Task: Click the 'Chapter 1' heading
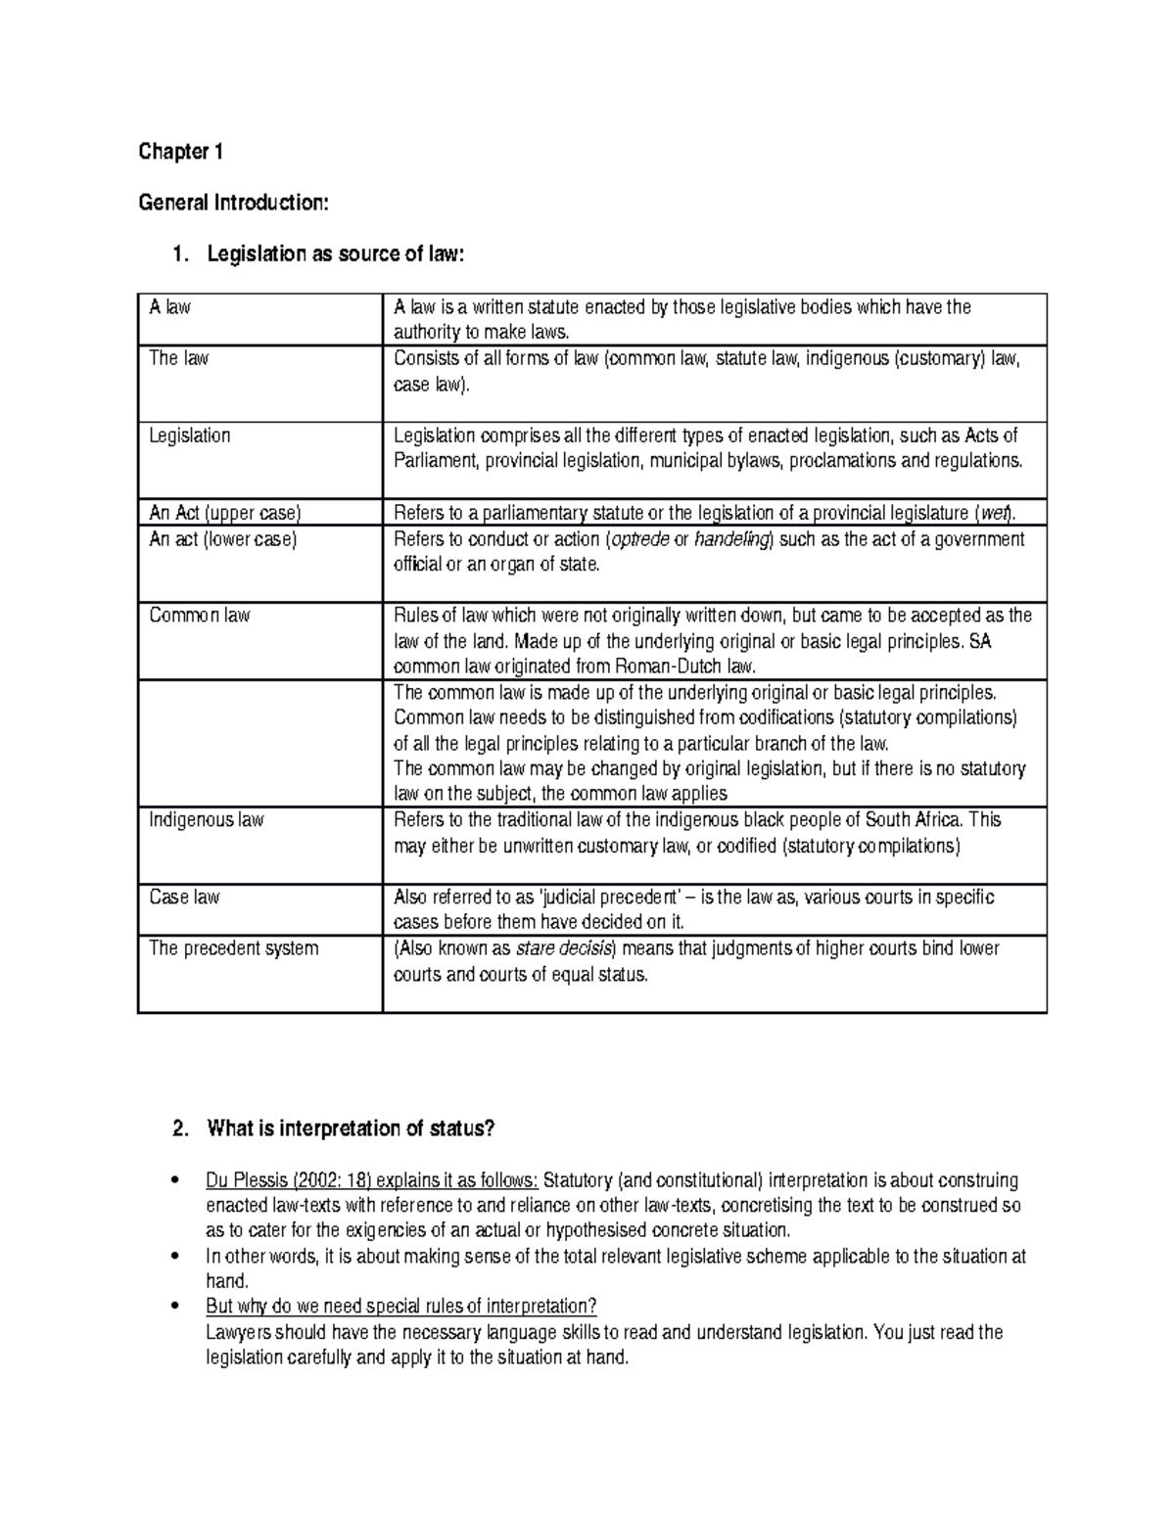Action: point(181,152)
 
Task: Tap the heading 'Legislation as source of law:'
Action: point(332,254)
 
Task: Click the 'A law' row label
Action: point(169,307)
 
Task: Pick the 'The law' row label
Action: point(178,358)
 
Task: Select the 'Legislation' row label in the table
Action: point(189,436)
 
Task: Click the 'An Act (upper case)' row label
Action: point(224,513)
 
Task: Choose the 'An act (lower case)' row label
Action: point(222,539)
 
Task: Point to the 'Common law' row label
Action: point(199,616)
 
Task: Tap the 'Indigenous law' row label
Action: point(206,820)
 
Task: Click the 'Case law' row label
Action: point(184,897)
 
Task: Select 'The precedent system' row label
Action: point(233,948)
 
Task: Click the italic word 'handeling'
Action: point(732,539)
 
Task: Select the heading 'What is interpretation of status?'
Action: point(351,1128)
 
